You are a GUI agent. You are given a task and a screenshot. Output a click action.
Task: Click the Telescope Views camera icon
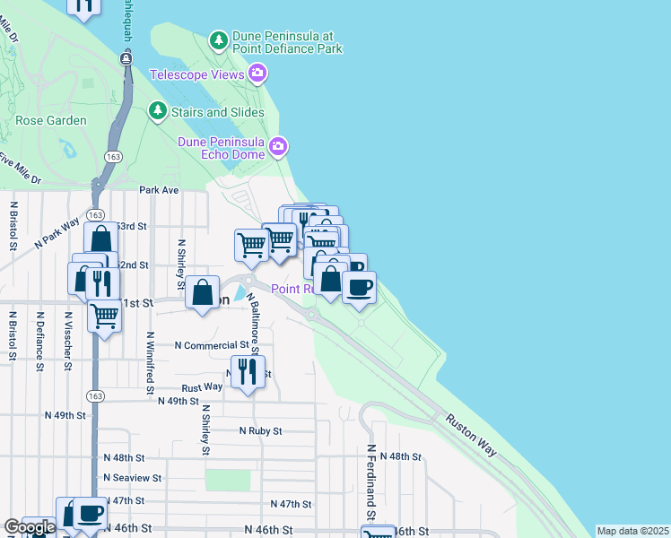(257, 74)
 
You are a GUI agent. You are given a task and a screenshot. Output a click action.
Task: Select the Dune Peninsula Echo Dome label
(221, 148)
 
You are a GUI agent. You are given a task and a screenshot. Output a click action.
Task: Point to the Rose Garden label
(51, 120)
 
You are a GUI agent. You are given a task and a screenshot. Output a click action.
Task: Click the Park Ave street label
(159, 190)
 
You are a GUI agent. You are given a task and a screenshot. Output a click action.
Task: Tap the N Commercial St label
(211, 345)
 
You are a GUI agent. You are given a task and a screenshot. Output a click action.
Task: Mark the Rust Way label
(202, 387)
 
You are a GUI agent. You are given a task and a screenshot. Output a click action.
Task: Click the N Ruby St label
(260, 430)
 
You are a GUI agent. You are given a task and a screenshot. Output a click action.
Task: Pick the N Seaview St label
(132, 478)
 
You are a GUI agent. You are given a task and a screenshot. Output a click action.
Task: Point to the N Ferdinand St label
(370, 484)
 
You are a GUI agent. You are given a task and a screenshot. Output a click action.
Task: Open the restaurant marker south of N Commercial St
(248, 369)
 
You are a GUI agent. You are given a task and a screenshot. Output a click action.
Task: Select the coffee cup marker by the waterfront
(360, 287)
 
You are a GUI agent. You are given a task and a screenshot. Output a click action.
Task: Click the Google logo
(30, 528)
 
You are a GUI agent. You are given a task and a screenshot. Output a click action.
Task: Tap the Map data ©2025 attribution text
(632, 531)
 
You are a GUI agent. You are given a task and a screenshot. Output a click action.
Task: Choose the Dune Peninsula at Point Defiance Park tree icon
(217, 39)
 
